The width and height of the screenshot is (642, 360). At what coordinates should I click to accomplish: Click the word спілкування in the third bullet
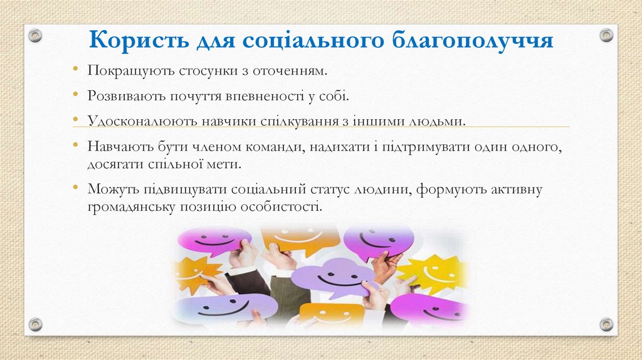pos(297,120)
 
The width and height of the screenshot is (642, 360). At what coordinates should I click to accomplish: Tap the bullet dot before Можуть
pos(75,188)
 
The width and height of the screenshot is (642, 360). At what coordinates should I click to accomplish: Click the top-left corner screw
pos(36,35)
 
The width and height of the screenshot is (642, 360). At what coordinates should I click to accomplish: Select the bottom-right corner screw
pos(606,324)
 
